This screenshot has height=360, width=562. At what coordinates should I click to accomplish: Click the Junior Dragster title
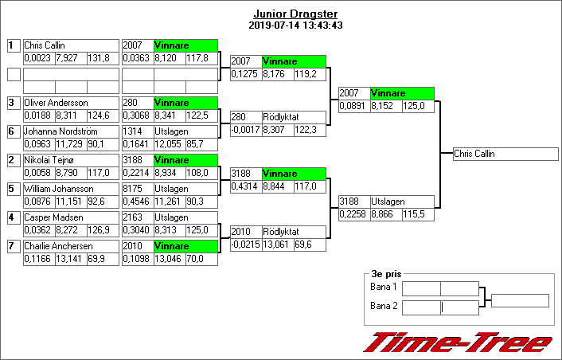coord(295,14)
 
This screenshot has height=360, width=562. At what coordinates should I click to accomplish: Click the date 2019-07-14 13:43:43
coord(295,25)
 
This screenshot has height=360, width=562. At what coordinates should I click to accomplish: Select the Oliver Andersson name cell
coord(71,103)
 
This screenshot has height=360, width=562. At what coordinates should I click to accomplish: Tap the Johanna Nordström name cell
coord(71,131)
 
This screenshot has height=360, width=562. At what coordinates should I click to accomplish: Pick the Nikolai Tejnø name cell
coord(71,160)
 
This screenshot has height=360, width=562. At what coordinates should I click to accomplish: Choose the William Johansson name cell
coord(71,189)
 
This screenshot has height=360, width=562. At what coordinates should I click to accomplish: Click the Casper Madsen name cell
coord(71,217)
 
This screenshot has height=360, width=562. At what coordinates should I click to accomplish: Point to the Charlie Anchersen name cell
coord(71,246)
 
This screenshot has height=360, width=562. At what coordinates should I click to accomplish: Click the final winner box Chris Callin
coord(505,154)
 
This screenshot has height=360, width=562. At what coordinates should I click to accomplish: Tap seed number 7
coord(14,246)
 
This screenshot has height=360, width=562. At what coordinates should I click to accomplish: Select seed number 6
coord(14,131)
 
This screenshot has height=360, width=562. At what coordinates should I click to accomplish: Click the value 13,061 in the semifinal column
coord(278,245)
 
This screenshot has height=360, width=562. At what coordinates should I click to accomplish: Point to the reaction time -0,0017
coord(246,130)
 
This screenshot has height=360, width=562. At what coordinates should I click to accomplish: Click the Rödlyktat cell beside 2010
coord(294,232)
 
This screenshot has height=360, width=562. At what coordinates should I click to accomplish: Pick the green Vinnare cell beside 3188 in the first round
coord(185,160)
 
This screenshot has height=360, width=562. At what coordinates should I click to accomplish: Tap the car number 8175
coord(138,189)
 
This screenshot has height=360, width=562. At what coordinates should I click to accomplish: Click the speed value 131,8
coord(103,58)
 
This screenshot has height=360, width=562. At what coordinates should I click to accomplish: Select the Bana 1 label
coord(384,287)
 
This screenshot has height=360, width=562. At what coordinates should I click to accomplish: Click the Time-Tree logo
coord(458,342)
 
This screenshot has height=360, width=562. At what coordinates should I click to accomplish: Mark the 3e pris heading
coord(386,274)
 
